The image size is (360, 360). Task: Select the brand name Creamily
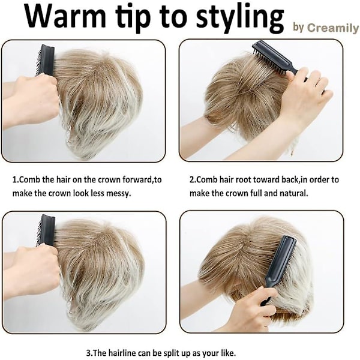click(x=332, y=28)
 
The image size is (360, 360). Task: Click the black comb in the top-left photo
click(x=46, y=61)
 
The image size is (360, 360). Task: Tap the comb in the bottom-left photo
click(x=46, y=230)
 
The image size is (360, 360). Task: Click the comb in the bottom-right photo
click(x=279, y=271)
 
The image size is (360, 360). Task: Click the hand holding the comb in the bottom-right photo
click(x=254, y=305)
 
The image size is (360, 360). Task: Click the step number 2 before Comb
click(x=191, y=179)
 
